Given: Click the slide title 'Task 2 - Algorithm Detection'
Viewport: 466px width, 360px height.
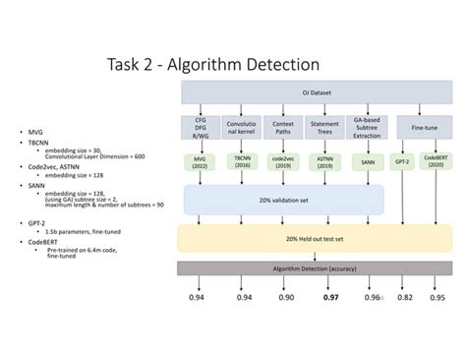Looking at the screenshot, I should tap(213, 65).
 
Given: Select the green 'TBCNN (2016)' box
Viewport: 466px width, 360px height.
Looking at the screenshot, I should tap(242, 160).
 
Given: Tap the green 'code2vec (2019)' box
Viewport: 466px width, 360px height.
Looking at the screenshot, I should tap(283, 160).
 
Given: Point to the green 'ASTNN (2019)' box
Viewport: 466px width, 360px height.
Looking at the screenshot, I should tap(325, 160).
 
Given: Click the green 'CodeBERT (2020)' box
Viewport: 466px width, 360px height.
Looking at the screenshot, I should tap(437, 160).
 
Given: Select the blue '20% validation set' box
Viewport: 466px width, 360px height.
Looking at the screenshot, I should tap(282, 200).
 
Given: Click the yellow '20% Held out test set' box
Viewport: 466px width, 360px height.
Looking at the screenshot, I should tap(314, 239).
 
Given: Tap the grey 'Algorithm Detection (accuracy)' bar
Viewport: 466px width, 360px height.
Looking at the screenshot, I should tap(314, 268).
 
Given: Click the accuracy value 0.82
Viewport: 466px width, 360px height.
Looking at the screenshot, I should tap(405, 296).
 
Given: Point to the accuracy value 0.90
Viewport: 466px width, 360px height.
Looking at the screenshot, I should tap(284, 296).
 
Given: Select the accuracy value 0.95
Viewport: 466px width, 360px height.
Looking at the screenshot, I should tap(437, 296).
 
